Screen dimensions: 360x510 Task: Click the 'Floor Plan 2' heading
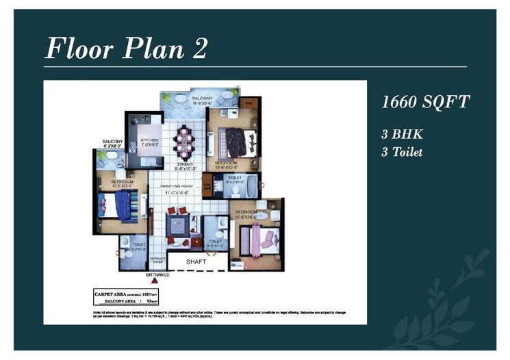pyautogui.click(x=126, y=49)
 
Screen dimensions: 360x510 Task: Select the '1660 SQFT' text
pyautogui.click(x=425, y=103)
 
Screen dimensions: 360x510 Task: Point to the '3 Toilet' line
pyautogui.click(x=402, y=152)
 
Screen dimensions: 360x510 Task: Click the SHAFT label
pyautogui.click(x=196, y=261)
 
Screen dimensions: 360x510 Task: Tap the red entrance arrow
pyautogui.click(x=155, y=279)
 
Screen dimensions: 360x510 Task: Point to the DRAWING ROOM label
pyautogui.click(x=179, y=185)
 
